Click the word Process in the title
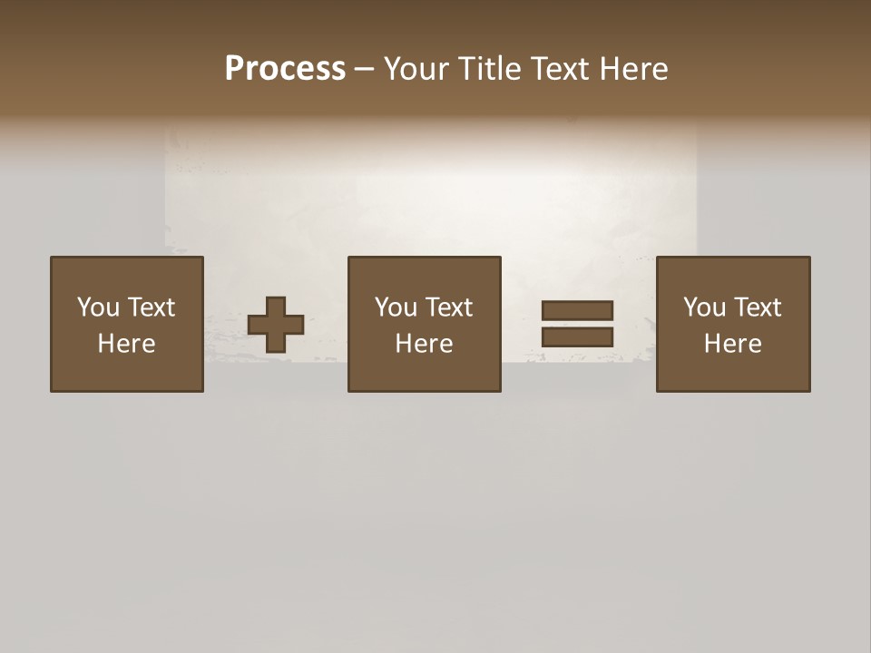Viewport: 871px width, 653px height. coord(285,69)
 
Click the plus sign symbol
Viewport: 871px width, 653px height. coord(276,325)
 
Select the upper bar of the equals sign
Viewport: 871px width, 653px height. coord(577,310)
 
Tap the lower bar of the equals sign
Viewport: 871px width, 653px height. coord(577,337)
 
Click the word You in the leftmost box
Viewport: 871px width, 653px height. coord(98,307)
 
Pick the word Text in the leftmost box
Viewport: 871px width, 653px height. coord(151,307)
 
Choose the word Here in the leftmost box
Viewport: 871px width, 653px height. coord(126,344)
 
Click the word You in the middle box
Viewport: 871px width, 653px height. coord(396,307)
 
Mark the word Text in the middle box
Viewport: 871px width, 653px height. coord(448,307)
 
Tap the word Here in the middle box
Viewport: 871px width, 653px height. coord(424,344)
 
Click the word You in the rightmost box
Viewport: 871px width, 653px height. coord(704,307)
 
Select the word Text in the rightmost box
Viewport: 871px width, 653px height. coord(757,307)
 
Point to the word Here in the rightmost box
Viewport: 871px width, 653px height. coord(732,344)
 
